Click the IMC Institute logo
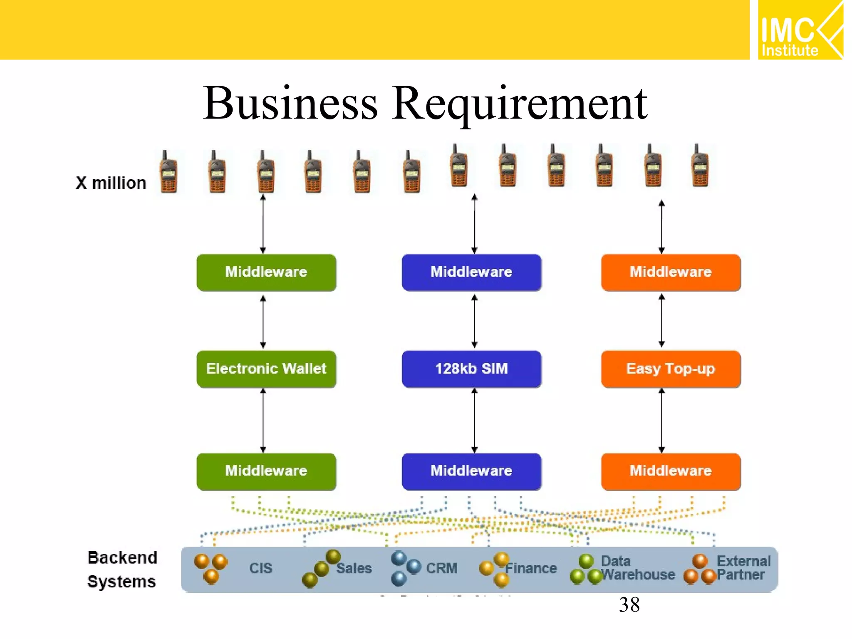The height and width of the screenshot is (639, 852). [x=800, y=30]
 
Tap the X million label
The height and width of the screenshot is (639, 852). [x=111, y=183]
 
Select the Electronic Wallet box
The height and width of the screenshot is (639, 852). [x=266, y=369]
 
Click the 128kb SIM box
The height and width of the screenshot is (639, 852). [x=471, y=369]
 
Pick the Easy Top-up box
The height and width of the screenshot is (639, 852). [x=671, y=369]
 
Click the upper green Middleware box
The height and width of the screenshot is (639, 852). [x=266, y=272]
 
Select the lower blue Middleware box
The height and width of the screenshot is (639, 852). [x=471, y=471]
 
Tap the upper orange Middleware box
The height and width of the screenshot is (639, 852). [x=671, y=272]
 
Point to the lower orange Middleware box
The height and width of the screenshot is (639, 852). [x=671, y=471]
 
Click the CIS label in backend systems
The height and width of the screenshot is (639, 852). [x=260, y=568]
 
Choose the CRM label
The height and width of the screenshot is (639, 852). [x=441, y=568]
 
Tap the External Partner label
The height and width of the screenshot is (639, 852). [x=743, y=568]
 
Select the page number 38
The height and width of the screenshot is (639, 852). [x=629, y=604]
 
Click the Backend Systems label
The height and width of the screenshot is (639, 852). [x=122, y=569]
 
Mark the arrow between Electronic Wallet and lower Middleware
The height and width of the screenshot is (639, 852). [x=263, y=420]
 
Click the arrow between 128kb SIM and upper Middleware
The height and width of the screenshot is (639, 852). [x=474, y=321]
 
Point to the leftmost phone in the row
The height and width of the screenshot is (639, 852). [x=168, y=172]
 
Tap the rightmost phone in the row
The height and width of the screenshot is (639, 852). [x=700, y=166]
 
